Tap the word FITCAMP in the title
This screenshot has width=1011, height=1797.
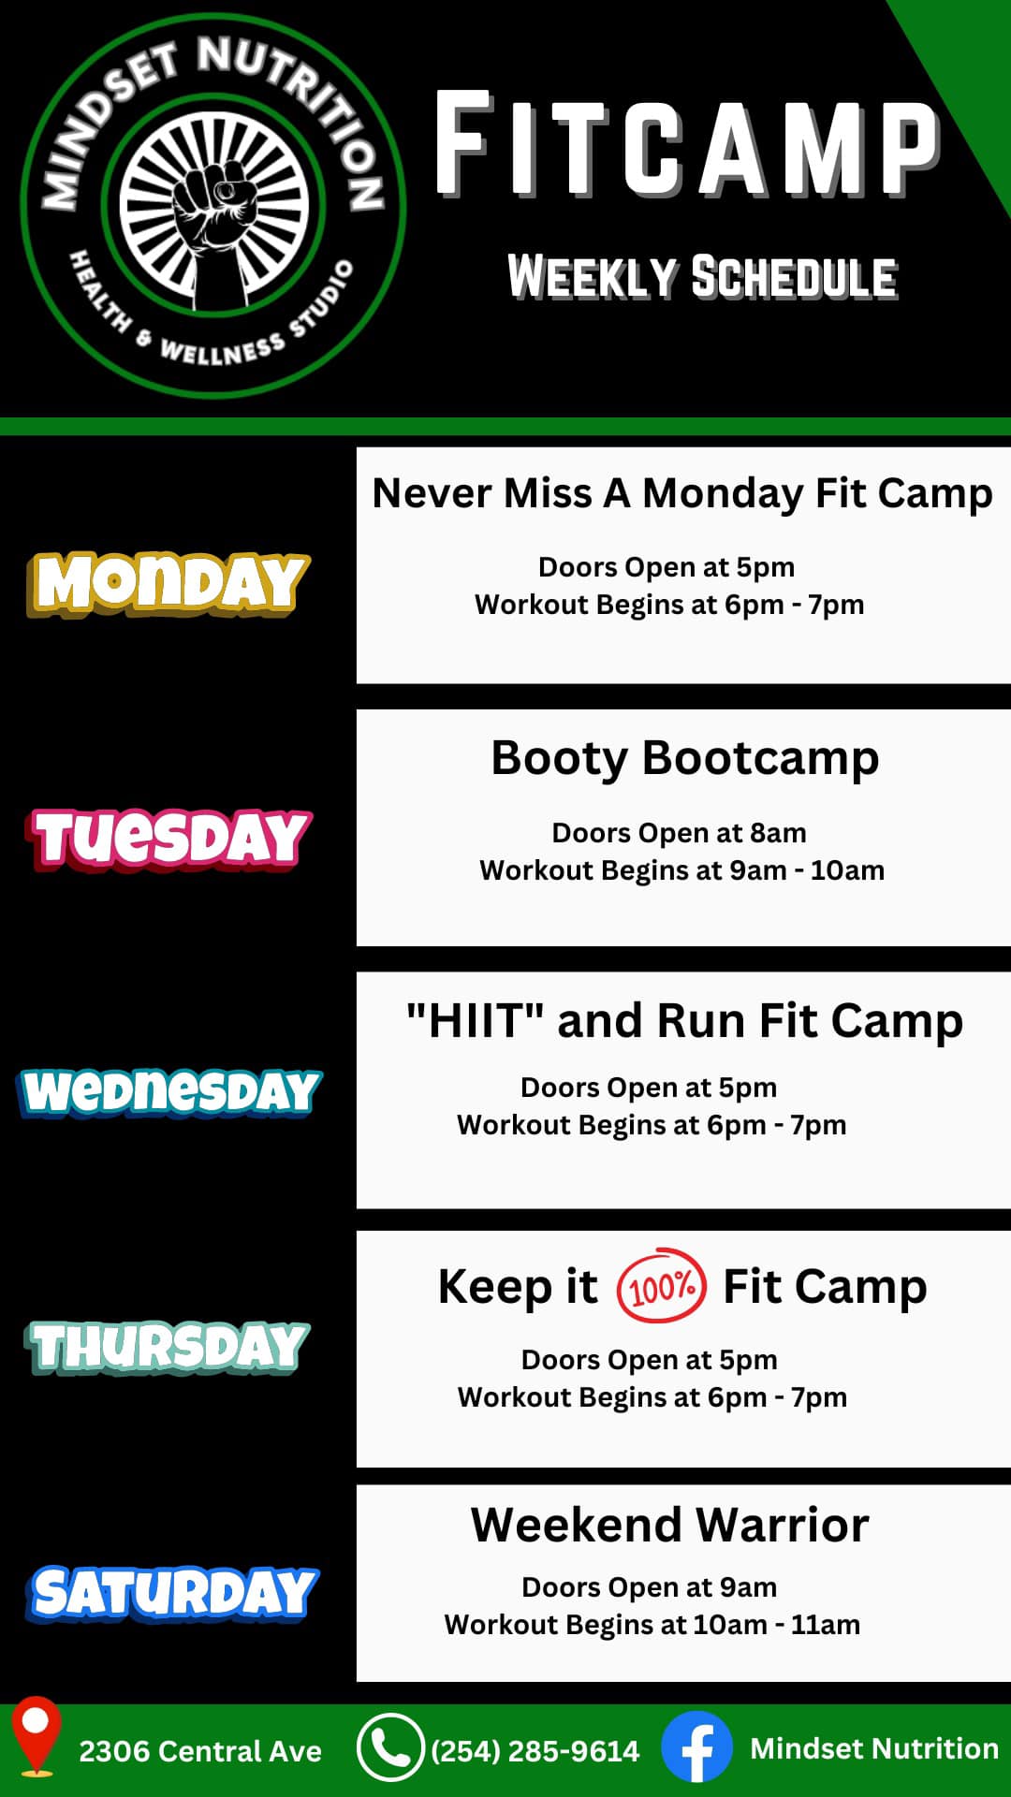tap(688, 144)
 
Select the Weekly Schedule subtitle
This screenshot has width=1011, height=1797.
tap(702, 277)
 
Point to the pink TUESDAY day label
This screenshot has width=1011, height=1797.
tap(168, 838)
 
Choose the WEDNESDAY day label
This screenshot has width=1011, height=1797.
tap(169, 1092)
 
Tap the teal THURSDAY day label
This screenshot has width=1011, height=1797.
tap(168, 1347)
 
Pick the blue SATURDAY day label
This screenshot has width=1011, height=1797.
tap(172, 1594)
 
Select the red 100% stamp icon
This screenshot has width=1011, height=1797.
tap(661, 1286)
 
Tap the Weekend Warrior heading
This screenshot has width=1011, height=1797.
tap(670, 1525)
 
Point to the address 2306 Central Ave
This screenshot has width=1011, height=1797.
tap(200, 1751)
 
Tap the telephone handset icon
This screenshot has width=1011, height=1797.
tap(390, 1747)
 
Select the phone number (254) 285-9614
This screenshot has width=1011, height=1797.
tap(535, 1751)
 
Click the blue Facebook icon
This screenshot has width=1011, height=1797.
tap(696, 1747)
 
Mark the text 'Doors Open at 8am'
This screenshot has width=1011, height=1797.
tap(679, 832)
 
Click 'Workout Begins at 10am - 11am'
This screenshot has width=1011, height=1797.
tap(652, 1624)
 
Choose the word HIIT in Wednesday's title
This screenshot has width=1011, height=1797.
tap(476, 1020)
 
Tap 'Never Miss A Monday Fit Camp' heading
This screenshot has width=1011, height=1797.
tap(682, 493)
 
